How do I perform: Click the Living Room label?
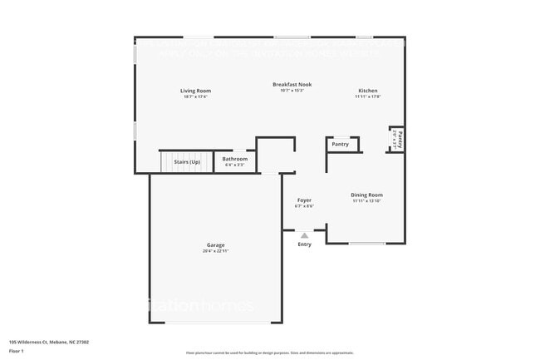coord(196,91)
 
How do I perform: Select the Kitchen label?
coord(367,91)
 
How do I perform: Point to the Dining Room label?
coord(366,195)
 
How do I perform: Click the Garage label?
coord(216,245)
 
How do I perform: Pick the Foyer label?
coord(304,200)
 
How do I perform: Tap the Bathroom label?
coord(234,159)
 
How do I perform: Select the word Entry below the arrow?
coord(304,244)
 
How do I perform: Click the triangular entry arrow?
coord(304,235)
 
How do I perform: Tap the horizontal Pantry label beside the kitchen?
coord(340,145)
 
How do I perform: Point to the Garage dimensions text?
coord(216,251)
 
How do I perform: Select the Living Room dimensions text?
coord(196,96)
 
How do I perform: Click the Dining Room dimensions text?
coord(366,201)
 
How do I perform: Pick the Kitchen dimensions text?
coord(367,96)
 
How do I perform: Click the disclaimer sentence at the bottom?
coord(269,353)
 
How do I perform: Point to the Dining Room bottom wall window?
coord(366,243)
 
